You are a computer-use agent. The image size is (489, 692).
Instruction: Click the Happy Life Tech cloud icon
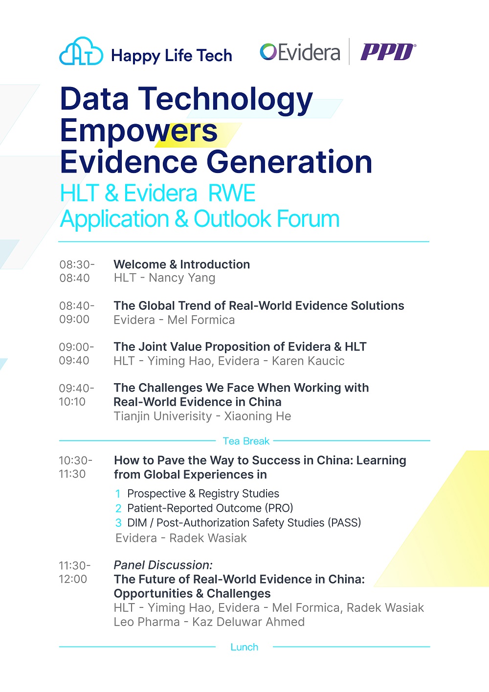[81, 51]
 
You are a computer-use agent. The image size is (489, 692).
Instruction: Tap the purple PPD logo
[388, 52]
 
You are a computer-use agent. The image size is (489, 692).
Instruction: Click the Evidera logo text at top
[300, 52]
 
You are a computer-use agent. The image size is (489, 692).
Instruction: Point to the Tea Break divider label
[246, 441]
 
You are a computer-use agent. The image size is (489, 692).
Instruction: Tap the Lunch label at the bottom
[244, 647]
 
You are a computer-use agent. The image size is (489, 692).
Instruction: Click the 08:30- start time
[77, 264]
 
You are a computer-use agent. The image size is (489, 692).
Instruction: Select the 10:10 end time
[72, 402]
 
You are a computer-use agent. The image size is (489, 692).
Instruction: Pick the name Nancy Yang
[182, 278]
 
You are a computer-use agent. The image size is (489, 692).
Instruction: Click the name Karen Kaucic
[308, 361]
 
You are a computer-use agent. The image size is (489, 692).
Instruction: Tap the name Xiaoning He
[258, 416]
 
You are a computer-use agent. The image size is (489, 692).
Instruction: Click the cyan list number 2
[118, 508]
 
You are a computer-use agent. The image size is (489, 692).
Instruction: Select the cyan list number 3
[118, 523]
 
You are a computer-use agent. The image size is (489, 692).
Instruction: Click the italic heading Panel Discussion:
[163, 565]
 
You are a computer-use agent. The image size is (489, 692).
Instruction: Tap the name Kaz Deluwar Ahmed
[248, 622]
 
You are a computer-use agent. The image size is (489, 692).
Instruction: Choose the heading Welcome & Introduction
[182, 264]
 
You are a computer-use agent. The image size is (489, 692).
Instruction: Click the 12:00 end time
[73, 579]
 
